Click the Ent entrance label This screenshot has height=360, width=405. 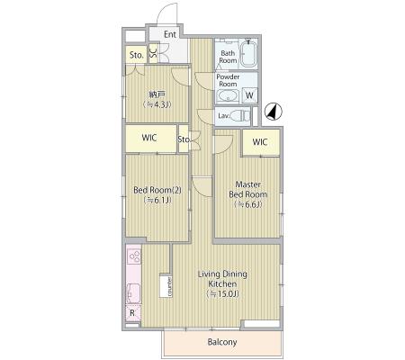pos(170,34)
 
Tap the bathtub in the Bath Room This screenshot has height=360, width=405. pos(248,53)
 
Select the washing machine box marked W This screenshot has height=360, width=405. pos(249,95)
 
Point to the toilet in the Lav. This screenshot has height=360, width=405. pos(241,115)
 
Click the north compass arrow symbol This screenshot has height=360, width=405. pos(273,112)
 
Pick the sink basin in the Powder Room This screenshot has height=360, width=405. pos(228,96)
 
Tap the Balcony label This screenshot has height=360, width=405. pos(222,342)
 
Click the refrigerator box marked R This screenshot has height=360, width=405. pos(133,313)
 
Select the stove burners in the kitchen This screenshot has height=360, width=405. pos(134,256)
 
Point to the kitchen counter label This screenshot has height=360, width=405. pos(169,287)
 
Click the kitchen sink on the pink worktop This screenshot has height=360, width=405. pos(133,293)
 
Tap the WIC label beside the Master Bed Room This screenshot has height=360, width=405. pos(260,142)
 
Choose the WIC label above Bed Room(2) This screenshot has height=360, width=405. pos(149,138)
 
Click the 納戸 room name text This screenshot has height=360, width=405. pos(157,94)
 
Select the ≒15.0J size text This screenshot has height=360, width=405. pos(222,294)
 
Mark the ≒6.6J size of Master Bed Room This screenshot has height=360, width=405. pos(247,204)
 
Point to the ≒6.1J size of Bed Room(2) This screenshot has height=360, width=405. pos(157,200)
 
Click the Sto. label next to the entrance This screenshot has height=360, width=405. pos(137,55)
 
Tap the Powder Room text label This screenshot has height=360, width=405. pos(228,80)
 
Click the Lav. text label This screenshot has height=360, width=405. pos(224,115)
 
